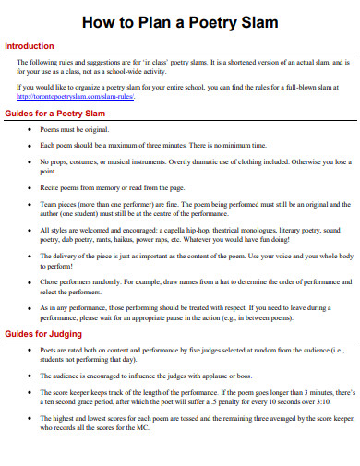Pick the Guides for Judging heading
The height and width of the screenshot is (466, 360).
click(x=43, y=359)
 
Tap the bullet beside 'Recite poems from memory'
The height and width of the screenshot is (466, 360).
click(x=31, y=186)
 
